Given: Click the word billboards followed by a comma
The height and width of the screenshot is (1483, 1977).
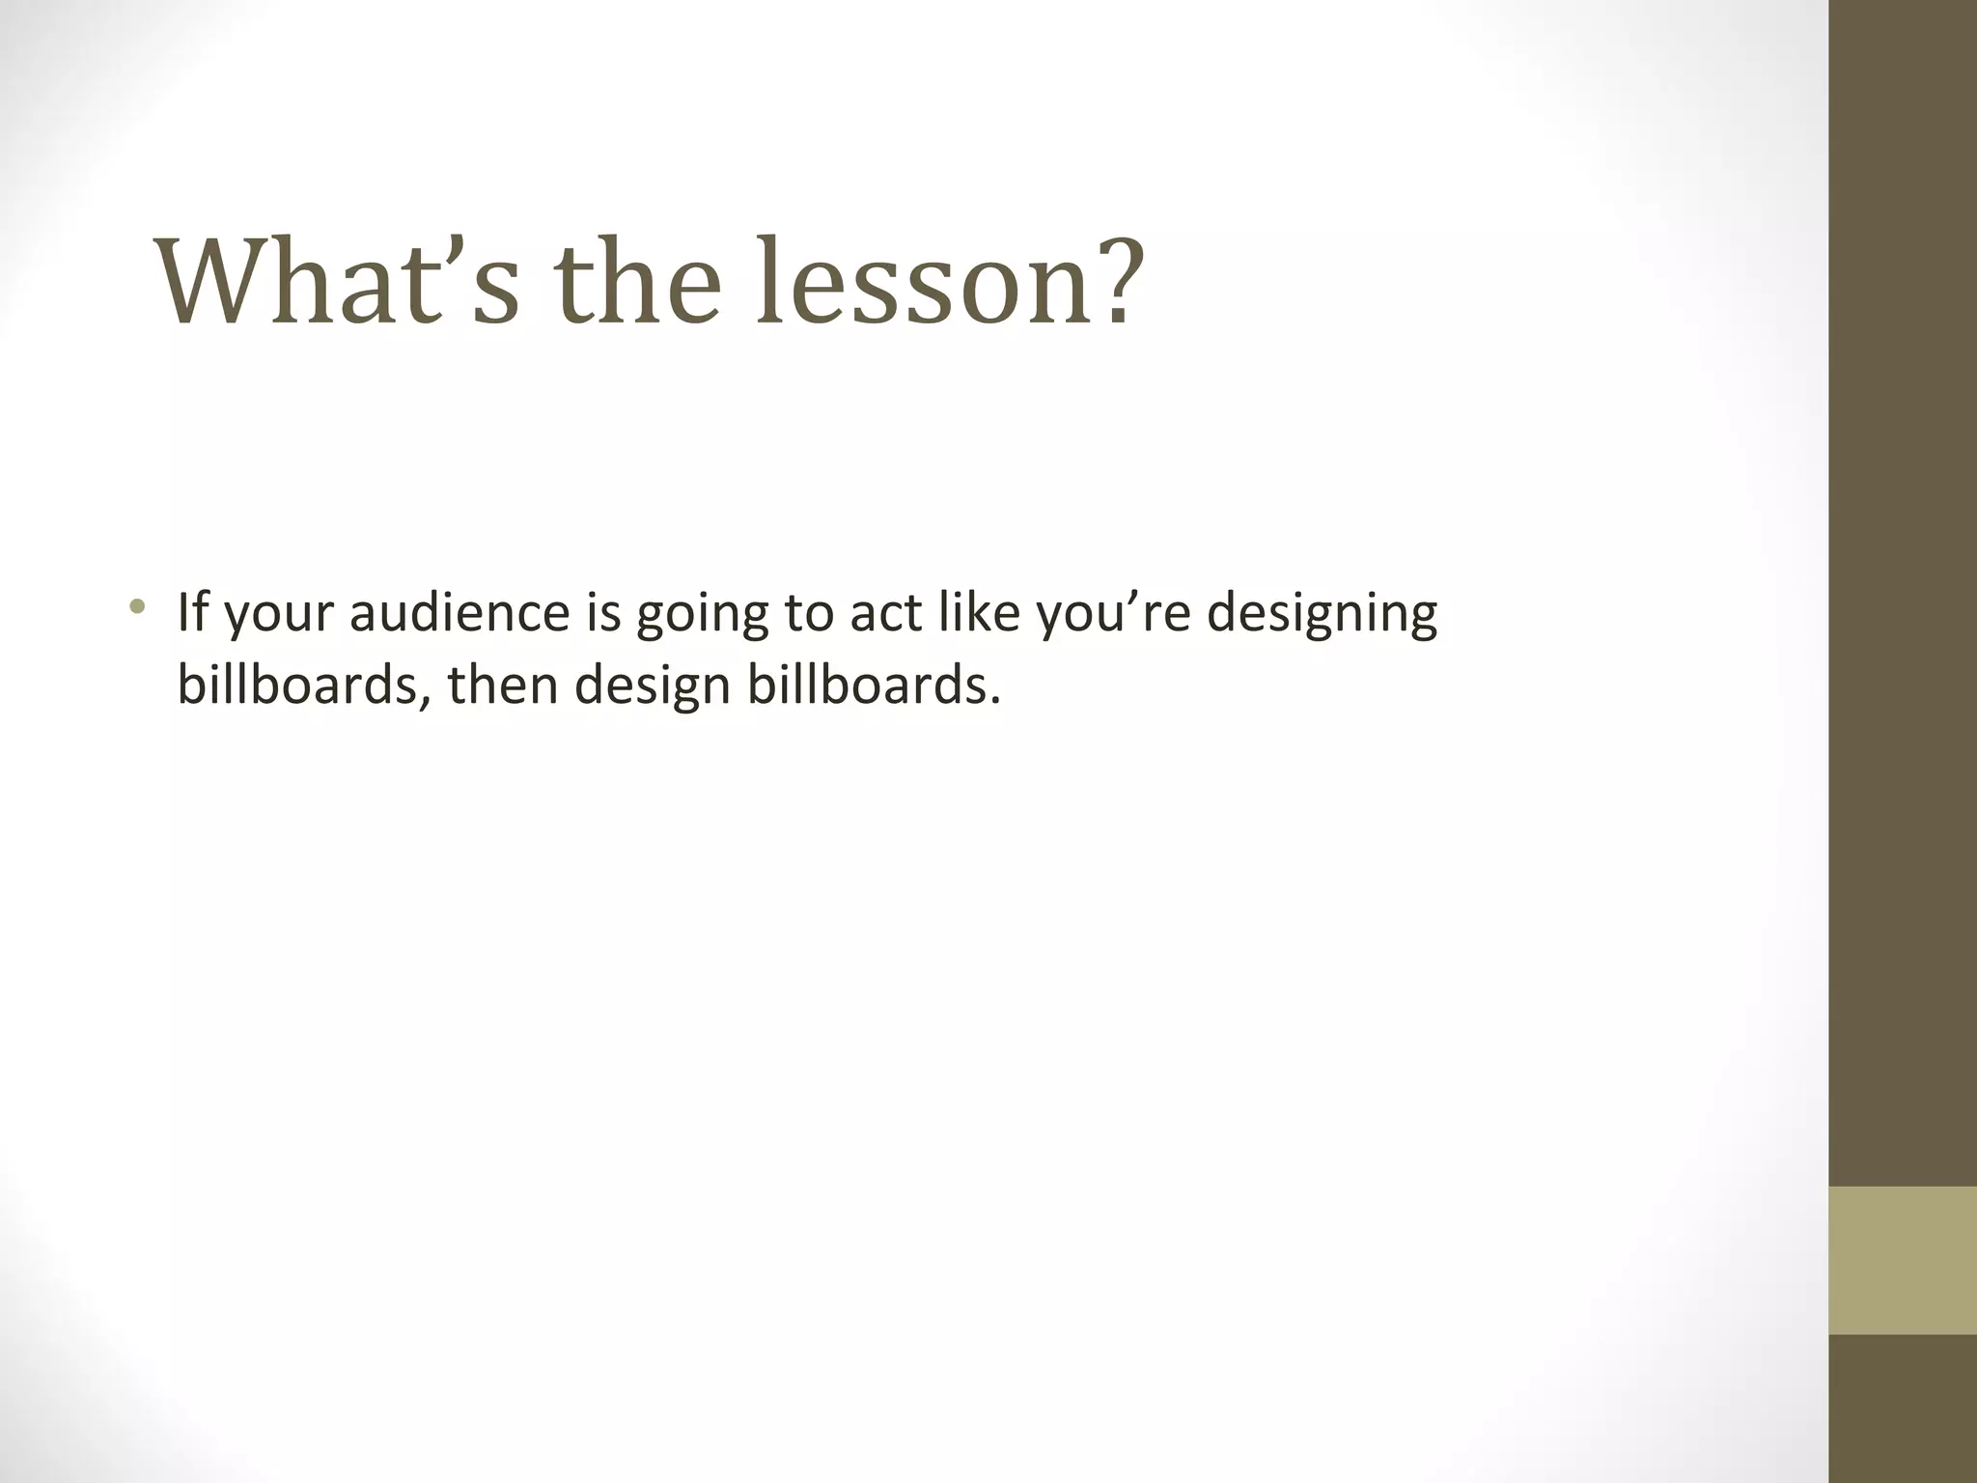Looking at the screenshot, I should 303,686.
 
